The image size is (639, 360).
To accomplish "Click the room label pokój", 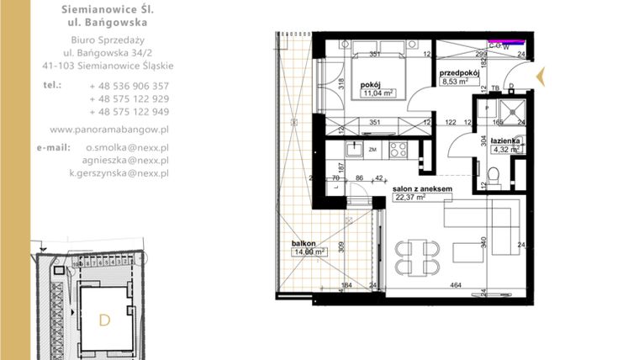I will (x=373, y=85).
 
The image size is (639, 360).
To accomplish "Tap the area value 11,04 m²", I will (x=378, y=94).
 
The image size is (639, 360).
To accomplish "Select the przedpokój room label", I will (x=459, y=73).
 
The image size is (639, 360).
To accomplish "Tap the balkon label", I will (x=304, y=242).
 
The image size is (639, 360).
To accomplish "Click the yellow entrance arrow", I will (x=542, y=78).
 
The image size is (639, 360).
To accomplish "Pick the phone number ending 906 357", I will (x=129, y=86).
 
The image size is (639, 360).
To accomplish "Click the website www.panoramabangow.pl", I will (x=110, y=130).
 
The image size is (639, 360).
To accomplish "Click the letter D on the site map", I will (x=104, y=320).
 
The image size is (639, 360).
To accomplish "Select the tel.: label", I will (x=53, y=85).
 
